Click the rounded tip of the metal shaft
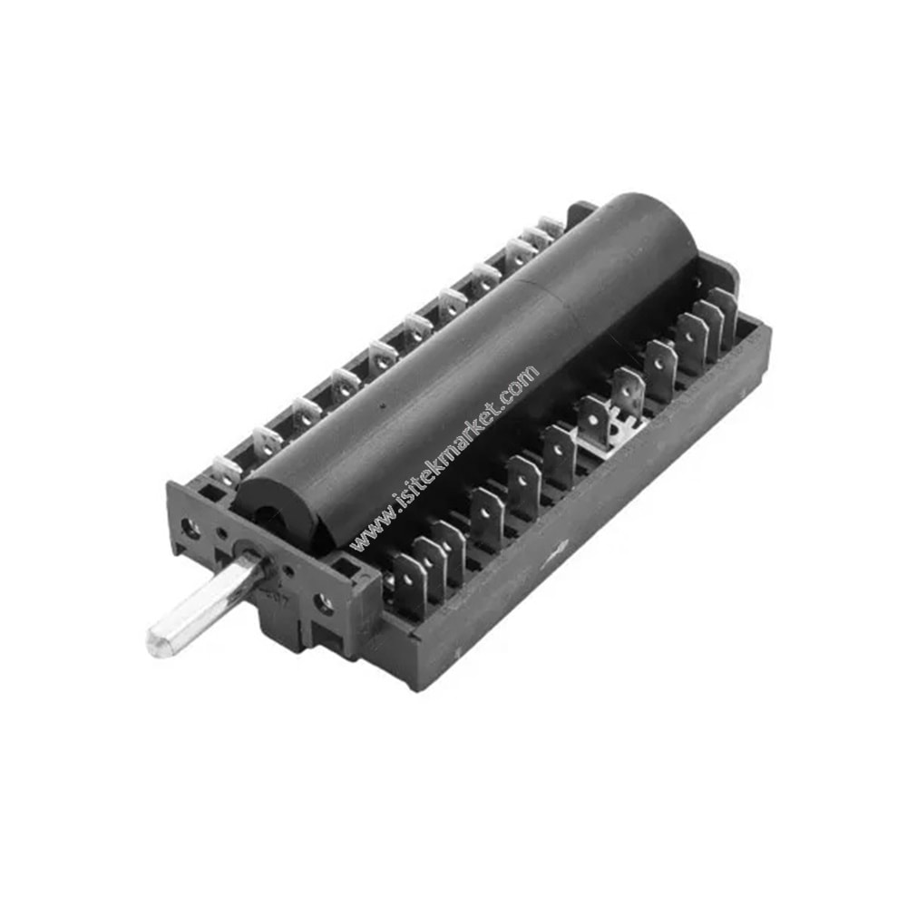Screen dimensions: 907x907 click(x=156, y=644)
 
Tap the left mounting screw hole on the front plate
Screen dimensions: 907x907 click(x=190, y=527)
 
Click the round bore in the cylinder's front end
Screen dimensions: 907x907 click(x=268, y=516)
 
